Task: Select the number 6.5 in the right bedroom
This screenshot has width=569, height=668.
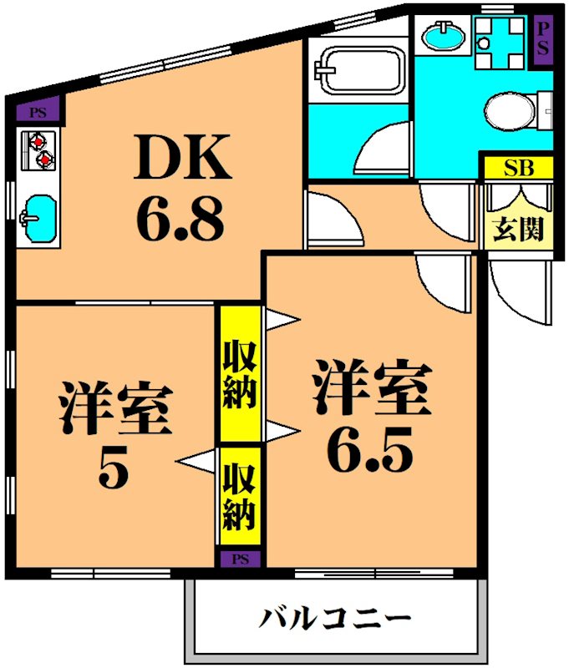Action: pos(369,452)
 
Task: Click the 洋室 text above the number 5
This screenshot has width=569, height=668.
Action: pos(114,409)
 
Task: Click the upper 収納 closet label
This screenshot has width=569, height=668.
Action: pos(240,374)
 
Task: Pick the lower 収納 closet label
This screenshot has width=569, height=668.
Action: pos(240,498)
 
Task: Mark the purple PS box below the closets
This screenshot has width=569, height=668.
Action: pos(240,558)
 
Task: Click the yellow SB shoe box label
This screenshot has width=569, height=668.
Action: pos(518,167)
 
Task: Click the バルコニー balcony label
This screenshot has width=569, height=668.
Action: pos(335,620)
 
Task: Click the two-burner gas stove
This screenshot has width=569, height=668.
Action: pos(38,149)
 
